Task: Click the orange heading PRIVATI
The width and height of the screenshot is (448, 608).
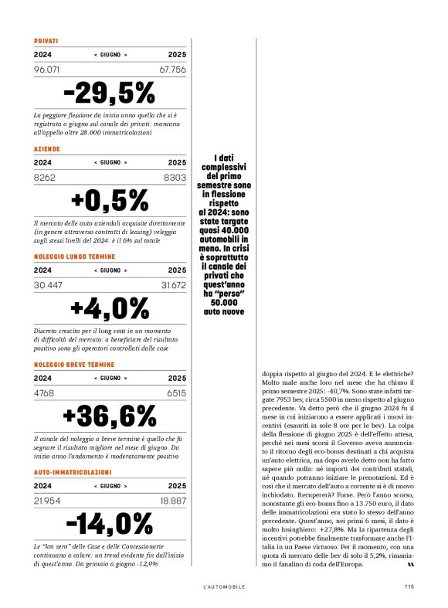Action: pos(46,40)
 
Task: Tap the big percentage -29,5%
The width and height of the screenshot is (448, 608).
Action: pos(109,93)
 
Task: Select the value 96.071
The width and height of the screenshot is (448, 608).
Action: pos(48,70)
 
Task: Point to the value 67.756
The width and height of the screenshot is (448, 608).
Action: pos(173,70)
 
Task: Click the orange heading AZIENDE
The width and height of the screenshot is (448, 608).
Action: pos(47,148)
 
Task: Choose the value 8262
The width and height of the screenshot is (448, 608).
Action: pos(45,177)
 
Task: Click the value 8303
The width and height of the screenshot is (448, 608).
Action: pos(175,177)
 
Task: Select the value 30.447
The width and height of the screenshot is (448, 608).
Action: pos(48,285)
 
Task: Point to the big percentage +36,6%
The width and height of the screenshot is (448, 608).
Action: pos(109,416)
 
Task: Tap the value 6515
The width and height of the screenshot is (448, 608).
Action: pos(176,392)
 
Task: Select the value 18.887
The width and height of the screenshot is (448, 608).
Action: pos(173,501)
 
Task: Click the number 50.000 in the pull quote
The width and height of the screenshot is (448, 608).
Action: pos(223,302)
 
